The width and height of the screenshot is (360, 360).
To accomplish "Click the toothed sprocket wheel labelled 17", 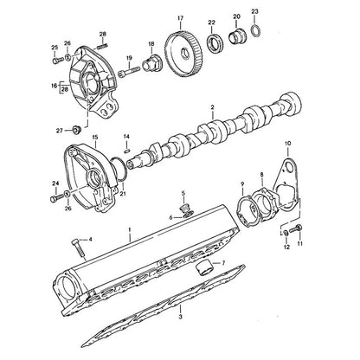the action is point(183,55).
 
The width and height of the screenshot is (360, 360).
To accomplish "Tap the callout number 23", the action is point(254,11).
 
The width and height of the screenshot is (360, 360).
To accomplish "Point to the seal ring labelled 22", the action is point(214,43).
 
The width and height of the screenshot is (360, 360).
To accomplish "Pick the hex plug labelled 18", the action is point(153,63).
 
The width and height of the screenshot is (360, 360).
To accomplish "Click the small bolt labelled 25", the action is point(58,60).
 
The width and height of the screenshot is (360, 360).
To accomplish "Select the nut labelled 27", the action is point(76,130).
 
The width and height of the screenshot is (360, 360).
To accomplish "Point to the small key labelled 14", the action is point(126,150).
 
